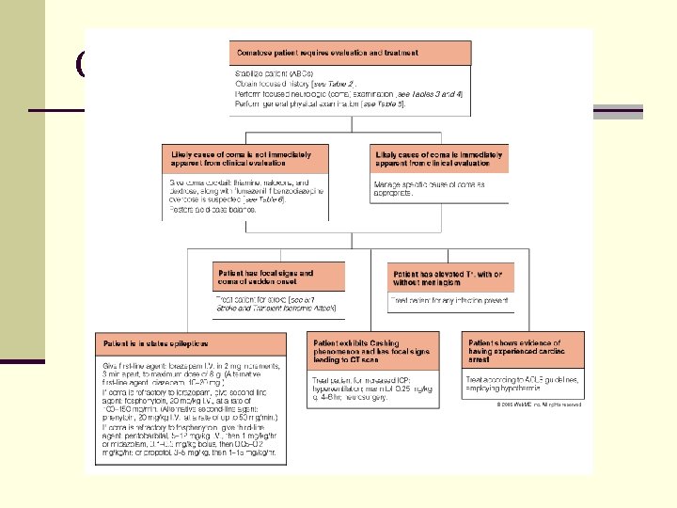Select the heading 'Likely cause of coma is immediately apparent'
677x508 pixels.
[x=439, y=158]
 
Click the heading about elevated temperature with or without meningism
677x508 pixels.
[x=449, y=277]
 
